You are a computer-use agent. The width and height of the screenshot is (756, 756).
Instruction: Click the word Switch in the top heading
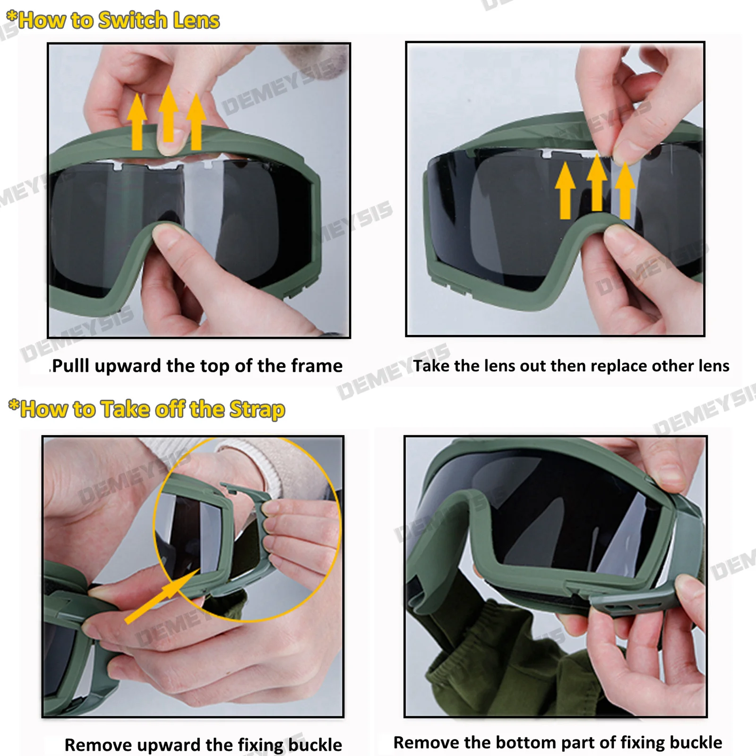133,20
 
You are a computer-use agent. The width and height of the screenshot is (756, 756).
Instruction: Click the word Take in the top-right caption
431,366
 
